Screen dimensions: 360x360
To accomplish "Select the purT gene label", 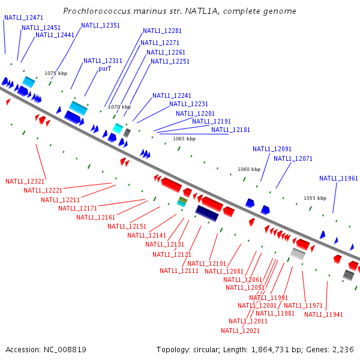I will click(105, 69).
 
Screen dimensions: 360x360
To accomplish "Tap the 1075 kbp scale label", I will click(56, 73).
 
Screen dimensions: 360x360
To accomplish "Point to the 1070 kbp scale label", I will click(119, 107).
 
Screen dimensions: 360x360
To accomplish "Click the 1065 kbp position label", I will click(184, 139).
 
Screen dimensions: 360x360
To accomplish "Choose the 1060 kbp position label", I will click(249, 169).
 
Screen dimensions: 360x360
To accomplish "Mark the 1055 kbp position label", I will click(315, 198).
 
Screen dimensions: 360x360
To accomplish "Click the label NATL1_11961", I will click(338, 178).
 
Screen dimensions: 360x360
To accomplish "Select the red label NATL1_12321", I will click(25, 181).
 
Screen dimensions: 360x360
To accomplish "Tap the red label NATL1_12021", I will click(241, 331).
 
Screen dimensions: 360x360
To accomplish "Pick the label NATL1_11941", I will click(324, 315).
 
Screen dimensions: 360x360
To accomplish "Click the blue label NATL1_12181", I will click(231, 130).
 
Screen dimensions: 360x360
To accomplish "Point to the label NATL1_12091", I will click(272, 149).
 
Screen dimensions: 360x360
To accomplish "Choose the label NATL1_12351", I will click(101, 26).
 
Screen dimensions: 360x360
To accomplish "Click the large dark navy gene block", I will click(207, 212).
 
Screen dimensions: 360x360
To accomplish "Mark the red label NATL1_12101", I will click(206, 263).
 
